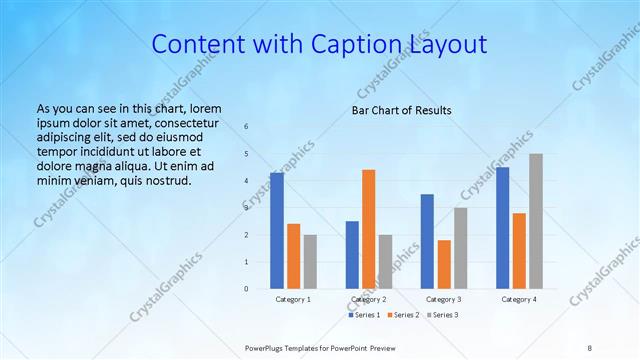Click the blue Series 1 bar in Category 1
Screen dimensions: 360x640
coord(277,231)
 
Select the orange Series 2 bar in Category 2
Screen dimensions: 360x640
coord(369,229)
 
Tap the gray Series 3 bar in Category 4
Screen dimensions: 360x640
coord(536,221)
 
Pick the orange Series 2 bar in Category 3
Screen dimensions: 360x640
coord(444,264)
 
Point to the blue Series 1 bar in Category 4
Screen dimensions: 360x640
coord(502,228)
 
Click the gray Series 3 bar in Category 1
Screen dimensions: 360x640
coord(310,262)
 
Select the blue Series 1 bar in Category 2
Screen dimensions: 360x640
coord(352,255)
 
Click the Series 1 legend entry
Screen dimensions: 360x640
coord(364,315)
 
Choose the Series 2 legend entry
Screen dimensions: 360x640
coord(403,315)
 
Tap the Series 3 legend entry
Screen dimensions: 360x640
coord(442,315)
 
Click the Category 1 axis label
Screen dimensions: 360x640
coord(293,299)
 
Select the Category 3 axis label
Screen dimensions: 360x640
coord(443,299)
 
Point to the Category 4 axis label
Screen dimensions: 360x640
coord(518,299)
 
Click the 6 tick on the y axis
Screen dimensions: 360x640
coord(247,127)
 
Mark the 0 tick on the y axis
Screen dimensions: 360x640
coord(247,289)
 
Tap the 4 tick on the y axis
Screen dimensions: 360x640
coord(247,181)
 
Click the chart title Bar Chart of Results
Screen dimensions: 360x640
coord(401,110)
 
